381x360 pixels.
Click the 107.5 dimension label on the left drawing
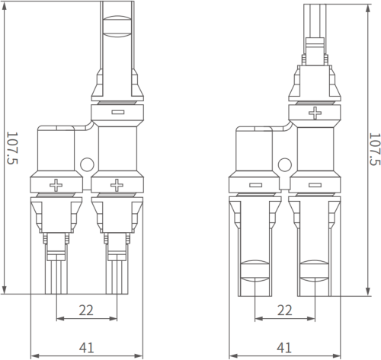coord(12,148)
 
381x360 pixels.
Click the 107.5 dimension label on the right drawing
coord(375,149)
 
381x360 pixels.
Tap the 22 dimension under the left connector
coord(86,310)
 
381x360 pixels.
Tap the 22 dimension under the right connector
coord(284,310)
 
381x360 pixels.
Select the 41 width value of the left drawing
coord(86,348)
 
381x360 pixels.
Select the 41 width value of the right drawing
coord(284,348)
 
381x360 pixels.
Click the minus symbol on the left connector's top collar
coord(117,112)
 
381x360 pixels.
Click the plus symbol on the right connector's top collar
coord(315,113)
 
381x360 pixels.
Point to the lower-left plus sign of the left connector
coord(56,185)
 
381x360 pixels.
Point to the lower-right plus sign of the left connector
coord(117,185)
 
